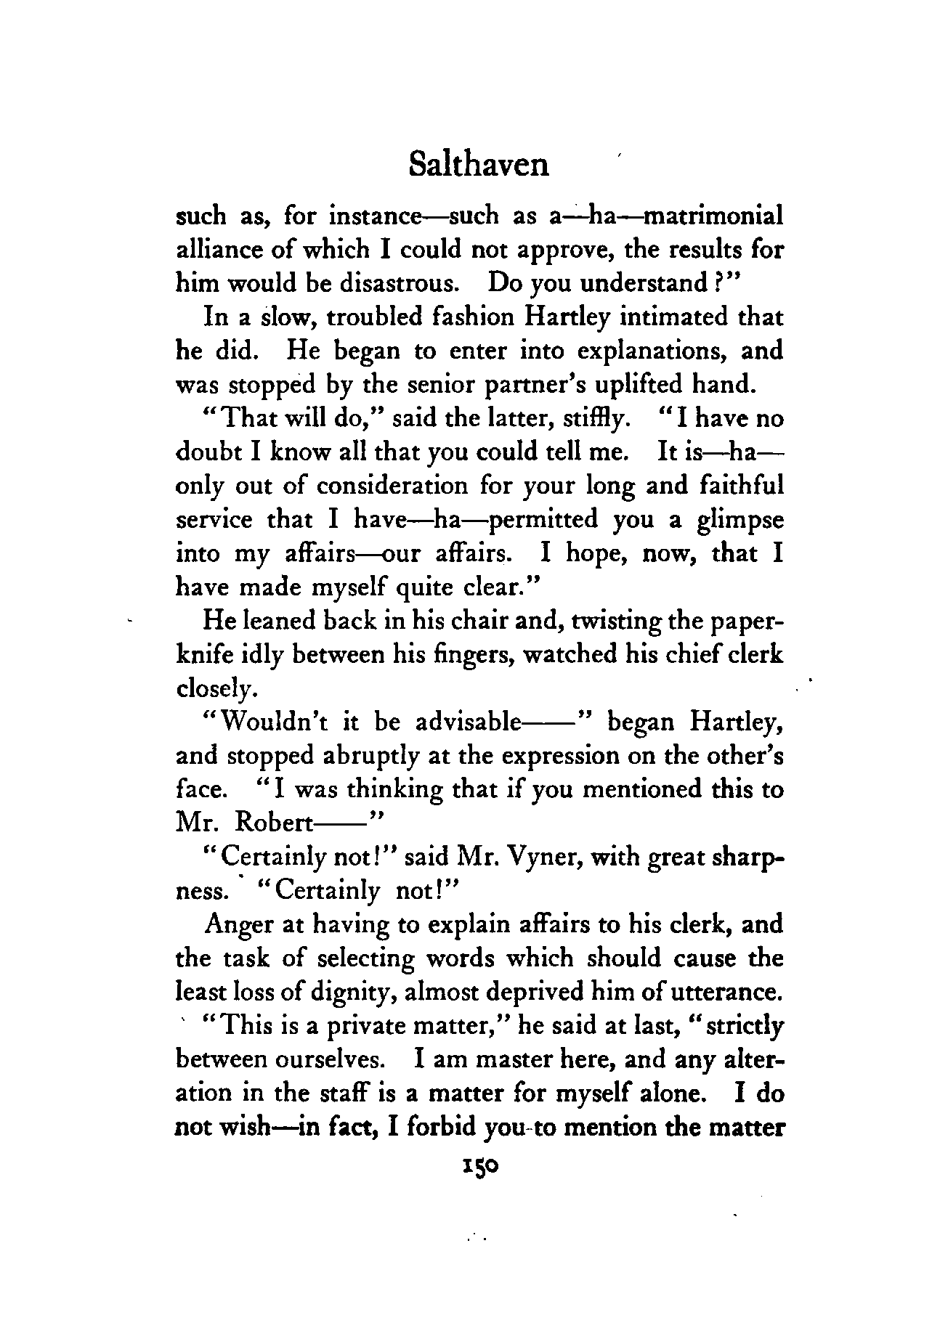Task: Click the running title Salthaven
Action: (x=478, y=165)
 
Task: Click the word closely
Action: (x=216, y=688)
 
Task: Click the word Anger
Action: (x=240, y=925)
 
